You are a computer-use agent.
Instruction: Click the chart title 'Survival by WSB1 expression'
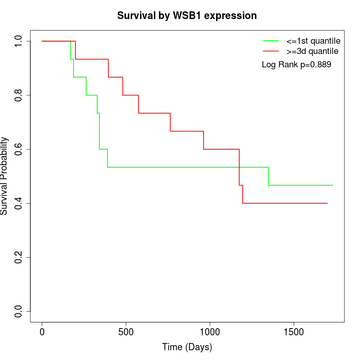pos(187,15)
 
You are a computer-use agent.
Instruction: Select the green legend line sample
pos(271,41)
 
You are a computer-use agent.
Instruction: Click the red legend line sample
pos(271,51)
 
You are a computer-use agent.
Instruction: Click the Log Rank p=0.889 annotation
pos(296,64)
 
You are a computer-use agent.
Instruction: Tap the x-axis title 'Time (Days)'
pos(187,347)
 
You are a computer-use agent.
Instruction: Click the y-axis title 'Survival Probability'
pos(5,176)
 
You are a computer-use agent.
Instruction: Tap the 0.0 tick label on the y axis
pos(19,311)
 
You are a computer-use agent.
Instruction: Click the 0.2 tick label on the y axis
pos(19,257)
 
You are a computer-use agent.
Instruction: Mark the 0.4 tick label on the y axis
pos(19,203)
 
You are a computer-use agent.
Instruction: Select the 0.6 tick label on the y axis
pos(19,149)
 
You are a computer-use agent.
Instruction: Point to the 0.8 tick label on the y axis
pos(19,95)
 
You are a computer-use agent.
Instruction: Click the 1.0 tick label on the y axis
pos(19,41)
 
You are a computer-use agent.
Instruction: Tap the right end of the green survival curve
pos(333,185)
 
